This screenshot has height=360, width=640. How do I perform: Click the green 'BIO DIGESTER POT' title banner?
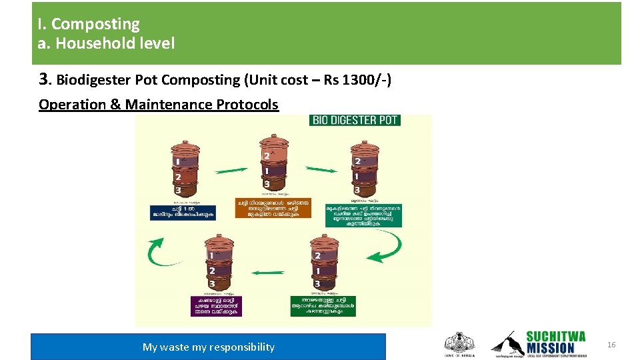(355, 120)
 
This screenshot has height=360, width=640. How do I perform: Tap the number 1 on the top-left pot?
(177, 161)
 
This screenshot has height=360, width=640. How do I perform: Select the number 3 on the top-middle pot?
(267, 183)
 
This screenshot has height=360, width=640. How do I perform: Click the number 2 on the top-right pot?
(357, 161)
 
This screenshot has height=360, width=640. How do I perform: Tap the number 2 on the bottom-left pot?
(211, 271)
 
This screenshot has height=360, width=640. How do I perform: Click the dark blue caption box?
(183, 211)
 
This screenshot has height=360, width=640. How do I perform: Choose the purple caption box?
(215, 305)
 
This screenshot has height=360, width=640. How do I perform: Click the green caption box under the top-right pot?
(363, 215)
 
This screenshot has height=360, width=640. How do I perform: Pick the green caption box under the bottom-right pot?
(323, 305)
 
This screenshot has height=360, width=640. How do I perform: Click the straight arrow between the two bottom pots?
(271, 272)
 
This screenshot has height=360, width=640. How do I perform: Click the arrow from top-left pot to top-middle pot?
(229, 171)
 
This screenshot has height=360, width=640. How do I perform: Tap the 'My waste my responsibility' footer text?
(208, 347)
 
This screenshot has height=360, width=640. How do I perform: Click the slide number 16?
(611, 344)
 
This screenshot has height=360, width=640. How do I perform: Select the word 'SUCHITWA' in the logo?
(555, 337)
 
